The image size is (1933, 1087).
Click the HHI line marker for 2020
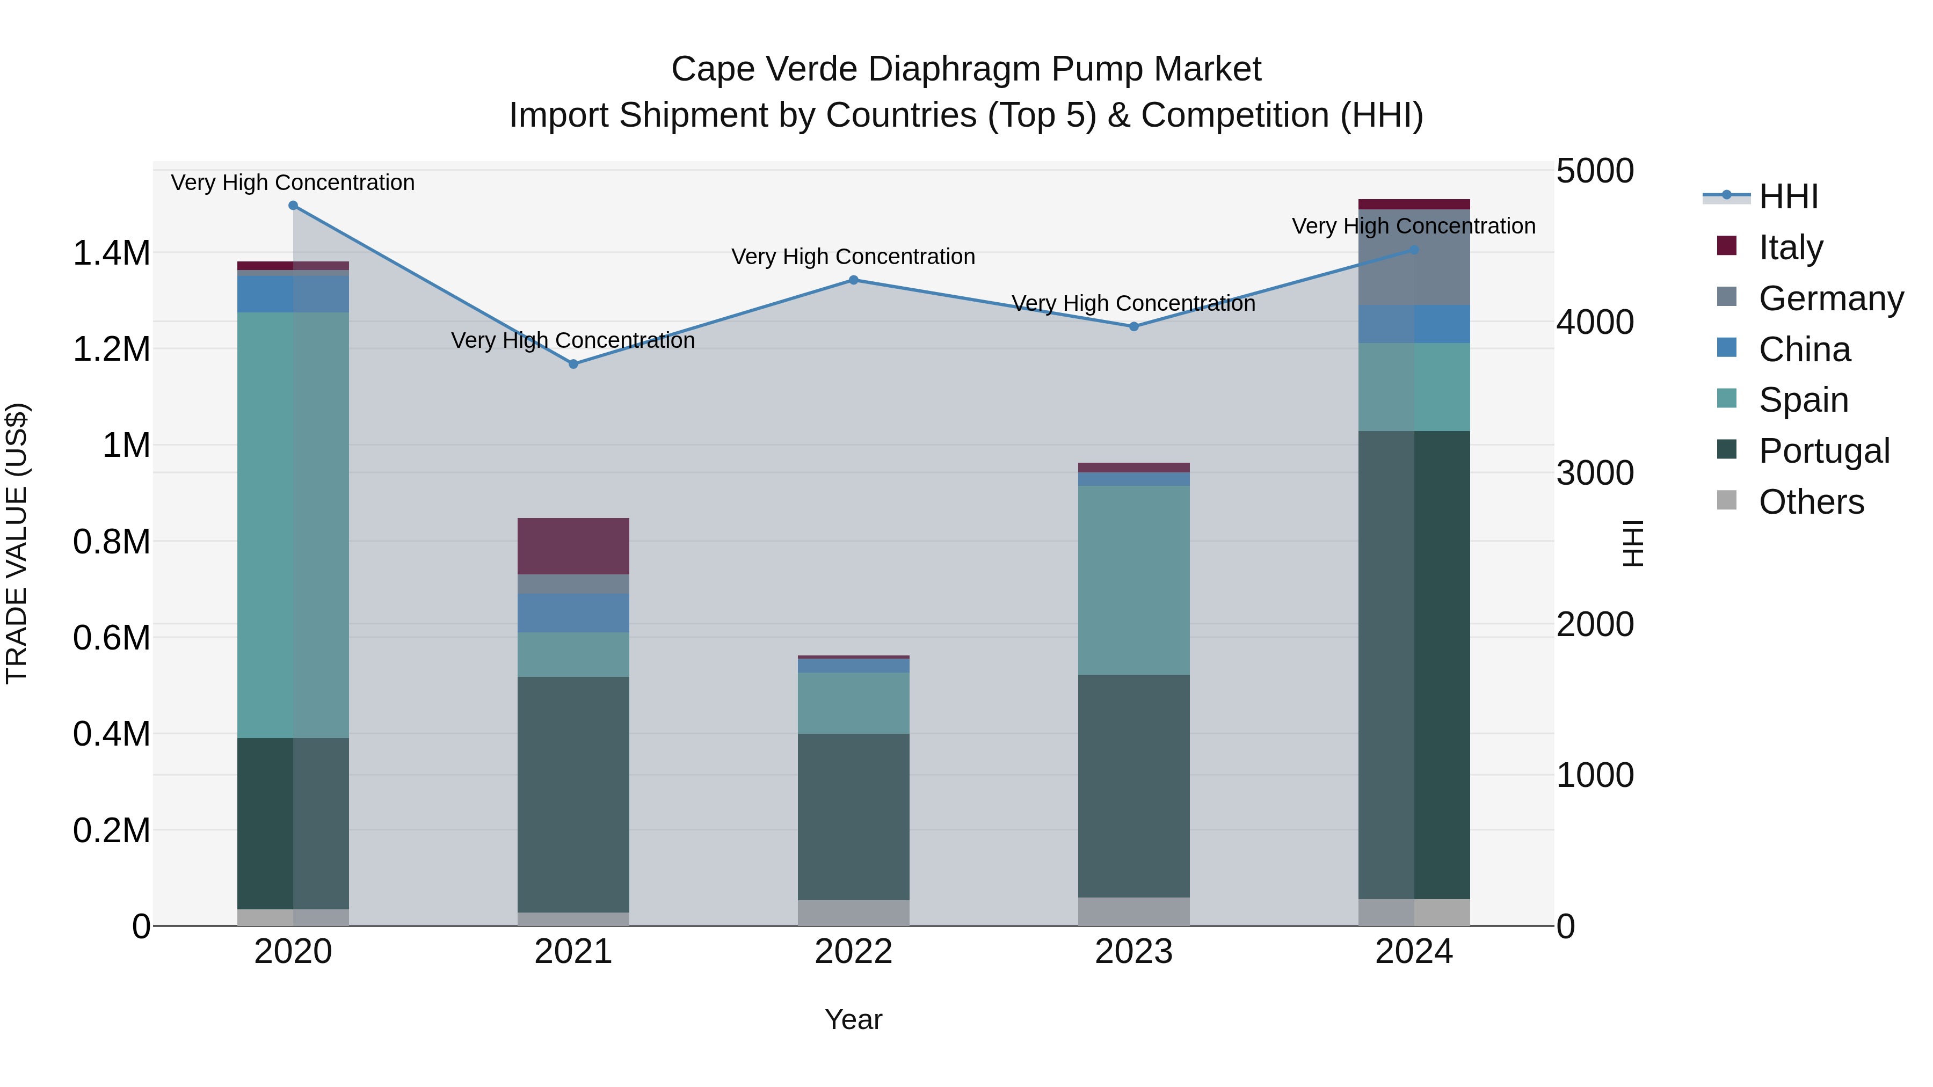(x=293, y=206)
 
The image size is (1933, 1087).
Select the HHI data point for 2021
(x=573, y=364)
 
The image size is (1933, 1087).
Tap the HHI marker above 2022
(x=853, y=280)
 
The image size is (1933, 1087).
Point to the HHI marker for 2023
(x=1134, y=326)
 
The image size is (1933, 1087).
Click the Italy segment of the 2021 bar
(x=573, y=546)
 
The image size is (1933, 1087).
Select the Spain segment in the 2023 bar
(x=1134, y=580)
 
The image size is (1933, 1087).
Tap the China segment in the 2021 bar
(x=573, y=613)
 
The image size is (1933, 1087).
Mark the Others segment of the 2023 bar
(x=1134, y=911)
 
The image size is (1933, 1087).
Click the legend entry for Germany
(x=1831, y=298)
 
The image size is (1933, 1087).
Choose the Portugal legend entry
(x=1823, y=451)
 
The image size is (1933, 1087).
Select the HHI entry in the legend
(x=1788, y=196)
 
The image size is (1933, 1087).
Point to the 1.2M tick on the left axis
(x=111, y=349)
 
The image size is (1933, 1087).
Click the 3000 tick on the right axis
(x=1595, y=473)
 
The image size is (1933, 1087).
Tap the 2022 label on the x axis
(x=853, y=952)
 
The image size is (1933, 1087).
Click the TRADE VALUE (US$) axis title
(x=17, y=543)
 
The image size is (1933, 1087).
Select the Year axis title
(x=853, y=1019)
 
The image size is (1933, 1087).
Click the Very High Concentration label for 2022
(x=853, y=257)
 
